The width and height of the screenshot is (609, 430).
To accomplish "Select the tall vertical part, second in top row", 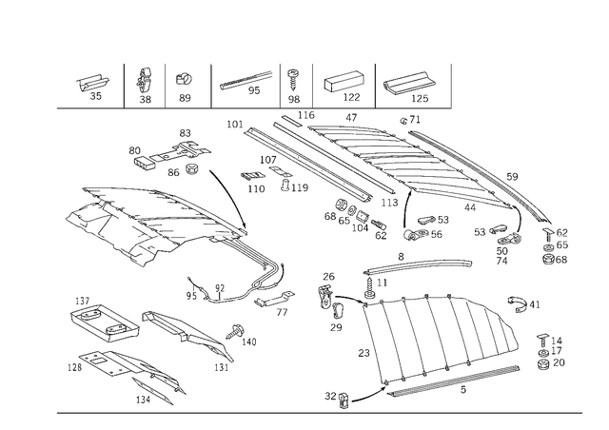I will point(145,86).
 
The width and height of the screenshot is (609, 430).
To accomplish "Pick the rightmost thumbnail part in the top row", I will point(408,87).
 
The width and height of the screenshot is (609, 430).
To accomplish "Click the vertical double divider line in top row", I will point(283,84).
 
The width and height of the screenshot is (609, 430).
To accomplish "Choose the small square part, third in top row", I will point(186,87).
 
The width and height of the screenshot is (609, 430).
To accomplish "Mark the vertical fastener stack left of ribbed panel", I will point(332,300).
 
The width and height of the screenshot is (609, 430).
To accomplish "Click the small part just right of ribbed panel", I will point(521,303).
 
